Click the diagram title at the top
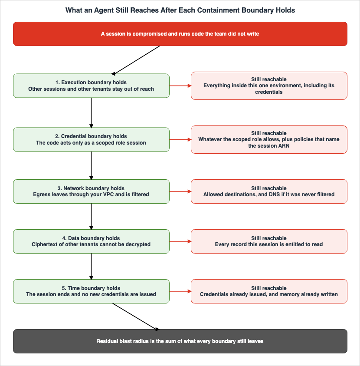(x=180, y=10)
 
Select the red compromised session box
(x=180, y=34)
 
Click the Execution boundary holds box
(x=91, y=86)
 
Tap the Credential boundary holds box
(x=91, y=140)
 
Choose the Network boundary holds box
(x=91, y=191)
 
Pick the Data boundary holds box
(x=91, y=241)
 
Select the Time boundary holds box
(x=91, y=291)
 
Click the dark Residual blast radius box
(x=180, y=341)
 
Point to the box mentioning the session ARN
(x=269, y=140)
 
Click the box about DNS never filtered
(x=269, y=191)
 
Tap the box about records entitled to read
(x=269, y=241)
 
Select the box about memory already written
(x=269, y=291)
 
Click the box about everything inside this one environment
(x=269, y=86)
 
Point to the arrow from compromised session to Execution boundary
(x=136, y=60)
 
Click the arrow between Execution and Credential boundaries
(x=91, y=113)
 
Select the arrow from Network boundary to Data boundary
(x=91, y=217)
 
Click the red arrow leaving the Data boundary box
(x=180, y=241)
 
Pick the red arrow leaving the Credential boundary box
(x=180, y=140)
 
